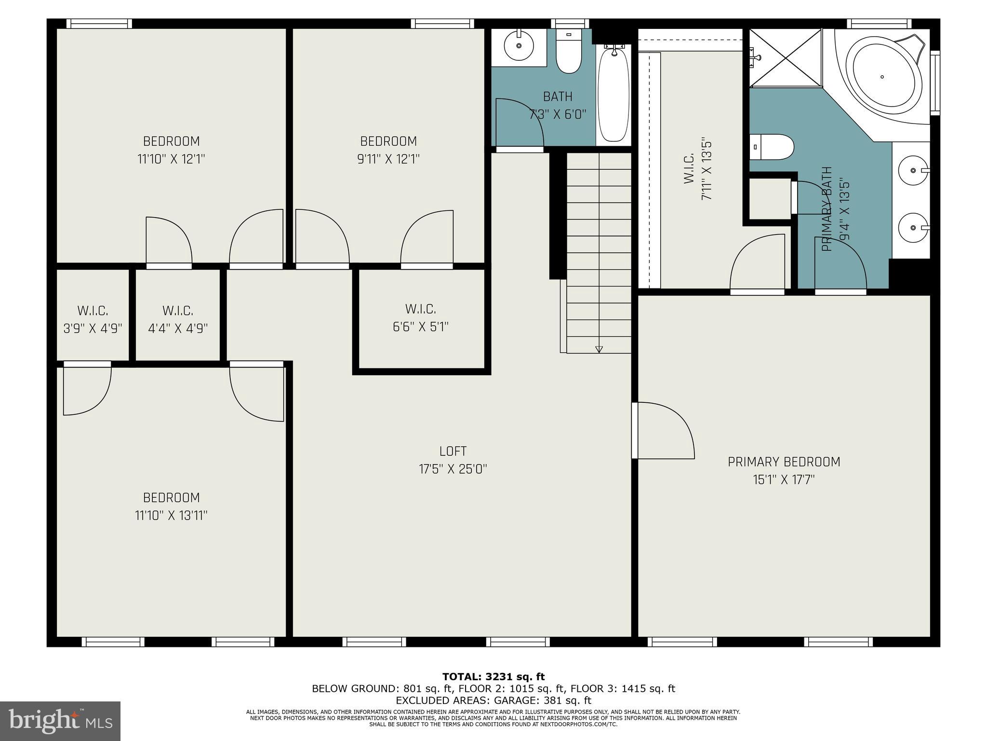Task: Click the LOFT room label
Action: pyautogui.click(x=453, y=451)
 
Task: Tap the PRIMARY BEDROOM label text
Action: pyautogui.click(x=784, y=462)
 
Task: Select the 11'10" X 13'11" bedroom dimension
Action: pyautogui.click(x=171, y=515)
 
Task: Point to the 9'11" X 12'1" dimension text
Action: pyautogui.click(x=388, y=159)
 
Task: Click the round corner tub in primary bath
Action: pyautogui.click(x=882, y=77)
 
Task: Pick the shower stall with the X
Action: pyautogui.click(x=786, y=58)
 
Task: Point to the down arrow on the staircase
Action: pyautogui.click(x=599, y=349)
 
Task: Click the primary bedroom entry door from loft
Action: pyautogui.click(x=663, y=430)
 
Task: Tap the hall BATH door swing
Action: pyautogui.click(x=520, y=123)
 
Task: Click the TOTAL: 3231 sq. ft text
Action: pyautogui.click(x=493, y=677)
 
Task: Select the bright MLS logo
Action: pyautogui.click(x=60, y=721)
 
